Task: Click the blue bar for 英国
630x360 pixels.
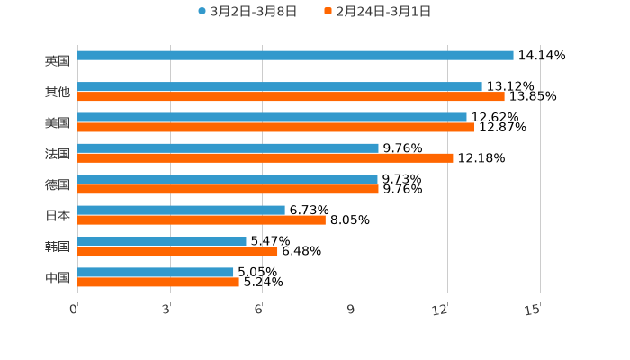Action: [x=295, y=56]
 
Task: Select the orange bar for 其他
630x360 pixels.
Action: [x=291, y=96]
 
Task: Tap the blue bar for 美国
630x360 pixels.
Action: [x=272, y=117]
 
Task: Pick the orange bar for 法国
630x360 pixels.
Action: [x=265, y=158]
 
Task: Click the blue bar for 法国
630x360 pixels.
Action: [x=228, y=148]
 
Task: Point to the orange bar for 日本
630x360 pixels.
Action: [x=202, y=220]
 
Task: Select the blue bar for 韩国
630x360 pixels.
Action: [x=162, y=241]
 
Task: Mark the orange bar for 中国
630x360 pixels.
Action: [x=158, y=282]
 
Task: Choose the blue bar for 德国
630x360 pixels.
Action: [x=228, y=179]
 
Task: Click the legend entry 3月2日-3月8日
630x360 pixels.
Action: [x=247, y=12]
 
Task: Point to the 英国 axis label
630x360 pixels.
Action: [x=57, y=61]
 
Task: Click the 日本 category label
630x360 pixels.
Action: [x=57, y=215]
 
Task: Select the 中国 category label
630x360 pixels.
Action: [x=57, y=277]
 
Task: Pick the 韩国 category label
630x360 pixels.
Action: [x=57, y=247]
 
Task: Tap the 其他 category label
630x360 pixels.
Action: [x=57, y=92]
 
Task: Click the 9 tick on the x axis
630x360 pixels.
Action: [x=352, y=310]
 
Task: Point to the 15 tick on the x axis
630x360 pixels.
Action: [x=533, y=310]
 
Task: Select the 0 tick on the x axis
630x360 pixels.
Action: [x=75, y=310]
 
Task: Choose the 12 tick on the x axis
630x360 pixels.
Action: [x=440, y=310]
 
